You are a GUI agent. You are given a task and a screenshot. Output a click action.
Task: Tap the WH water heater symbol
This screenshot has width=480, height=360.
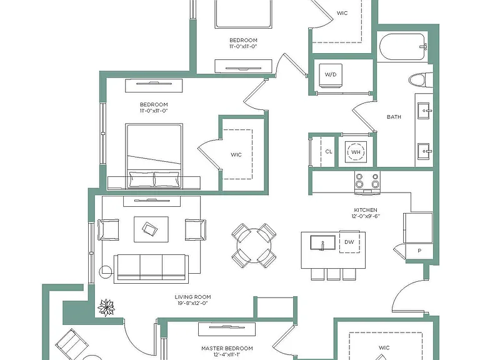click(356, 152)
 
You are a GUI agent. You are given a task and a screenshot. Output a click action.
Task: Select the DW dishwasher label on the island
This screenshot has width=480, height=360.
click(349, 242)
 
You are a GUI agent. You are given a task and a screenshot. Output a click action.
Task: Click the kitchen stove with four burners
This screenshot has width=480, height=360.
click(367, 182)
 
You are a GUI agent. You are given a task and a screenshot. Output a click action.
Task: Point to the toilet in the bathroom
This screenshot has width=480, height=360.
click(421, 80)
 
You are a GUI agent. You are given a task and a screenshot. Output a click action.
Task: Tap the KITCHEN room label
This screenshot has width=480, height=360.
click(366, 210)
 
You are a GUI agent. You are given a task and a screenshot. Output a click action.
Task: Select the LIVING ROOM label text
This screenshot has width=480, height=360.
click(193, 297)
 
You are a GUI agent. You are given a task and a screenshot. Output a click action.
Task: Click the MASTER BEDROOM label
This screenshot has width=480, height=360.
click(227, 348)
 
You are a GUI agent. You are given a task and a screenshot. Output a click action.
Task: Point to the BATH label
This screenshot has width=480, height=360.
click(394, 117)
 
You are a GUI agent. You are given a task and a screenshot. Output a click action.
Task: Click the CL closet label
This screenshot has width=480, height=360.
click(329, 151)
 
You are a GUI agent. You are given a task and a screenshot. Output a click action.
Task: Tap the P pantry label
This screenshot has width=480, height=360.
click(419, 251)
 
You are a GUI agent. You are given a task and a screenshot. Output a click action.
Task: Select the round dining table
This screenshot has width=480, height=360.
click(254, 246)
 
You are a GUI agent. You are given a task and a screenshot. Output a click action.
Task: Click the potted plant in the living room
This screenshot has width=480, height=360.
click(106, 307)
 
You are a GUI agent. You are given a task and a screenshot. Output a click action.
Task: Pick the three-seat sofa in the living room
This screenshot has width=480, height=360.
click(151, 269)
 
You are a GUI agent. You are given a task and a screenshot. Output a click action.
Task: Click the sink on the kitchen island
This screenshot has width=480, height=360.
click(322, 242)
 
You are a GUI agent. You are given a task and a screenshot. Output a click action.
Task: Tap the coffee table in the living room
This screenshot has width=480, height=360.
click(151, 229)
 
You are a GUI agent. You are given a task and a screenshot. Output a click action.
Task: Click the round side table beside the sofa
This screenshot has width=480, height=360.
click(106, 272)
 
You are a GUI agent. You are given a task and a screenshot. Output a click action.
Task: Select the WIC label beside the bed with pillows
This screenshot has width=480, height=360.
click(236, 154)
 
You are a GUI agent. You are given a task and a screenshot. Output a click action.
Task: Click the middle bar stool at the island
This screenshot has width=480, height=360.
click(333, 274)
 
